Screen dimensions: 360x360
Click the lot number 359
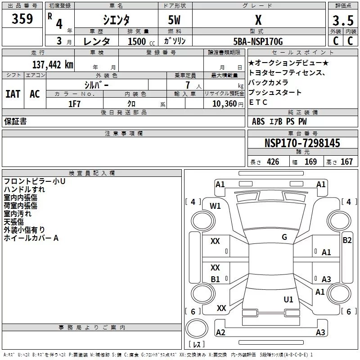pyautogui.click(x=22, y=19)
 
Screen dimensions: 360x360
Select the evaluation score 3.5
pyautogui.click(x=342, y=21)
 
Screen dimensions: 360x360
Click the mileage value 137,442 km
pyautogui.click(x=53, y=65)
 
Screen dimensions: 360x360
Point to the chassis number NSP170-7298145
pyautogui.click(x=302, y=144)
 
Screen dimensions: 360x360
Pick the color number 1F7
pyautogui.click(x=74, y=104)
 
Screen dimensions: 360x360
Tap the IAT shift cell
pyautogui.click(x=13, y=94)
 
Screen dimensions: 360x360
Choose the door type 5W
pyautogui.click(x=175, y=21)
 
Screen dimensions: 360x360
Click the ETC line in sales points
pyautogui.click(x=258, y=103)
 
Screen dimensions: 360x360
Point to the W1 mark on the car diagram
pyautogui.click(x=216, y=206)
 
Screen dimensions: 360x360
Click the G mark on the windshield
pyautogui.click(x=284, y=237)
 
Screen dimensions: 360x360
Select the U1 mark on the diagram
pyautogui.click(x=288, y=299)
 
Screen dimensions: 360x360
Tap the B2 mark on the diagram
pyautogui.click(x=347, y=240)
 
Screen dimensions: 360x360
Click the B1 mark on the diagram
pyautogui.click(x=216, y=279)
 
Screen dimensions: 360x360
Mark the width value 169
pyautogui.click(x=310, y=162)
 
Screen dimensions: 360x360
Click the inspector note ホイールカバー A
pyautogui.click(x=31, y=238)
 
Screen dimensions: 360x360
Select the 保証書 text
pyautogui.click(x=15, y=121)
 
